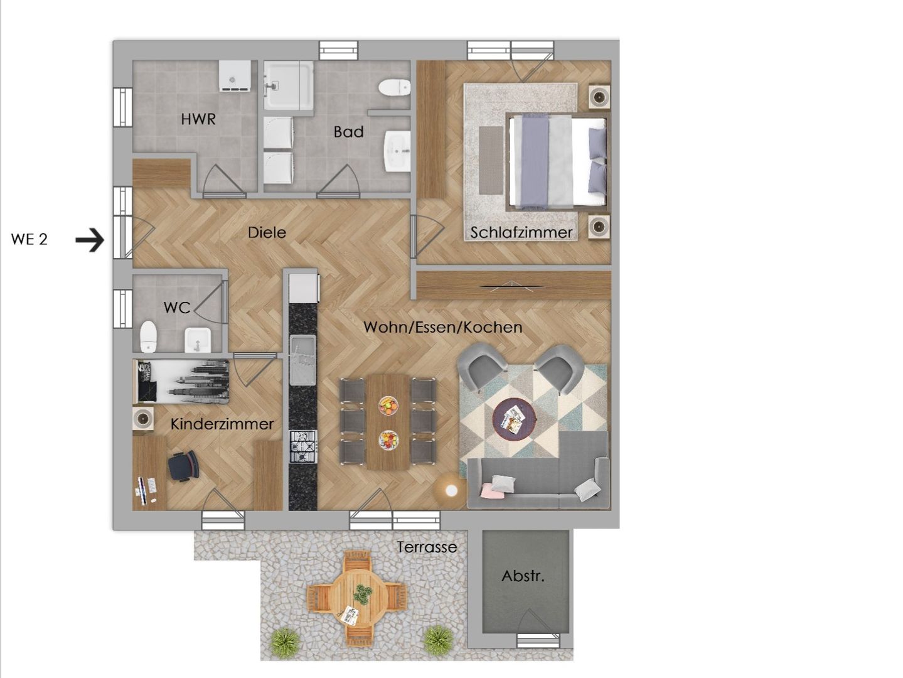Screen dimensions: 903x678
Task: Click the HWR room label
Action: click(198, 119)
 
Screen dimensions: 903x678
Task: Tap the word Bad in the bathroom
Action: click(348, 132)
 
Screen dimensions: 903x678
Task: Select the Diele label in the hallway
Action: click(267, 233)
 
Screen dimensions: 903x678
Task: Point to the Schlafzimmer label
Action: click(521, 233)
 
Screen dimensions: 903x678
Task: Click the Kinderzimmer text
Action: click(222, 424)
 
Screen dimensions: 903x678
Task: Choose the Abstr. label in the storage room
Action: click(523, 576)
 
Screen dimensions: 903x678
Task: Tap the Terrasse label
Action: click(427, 547)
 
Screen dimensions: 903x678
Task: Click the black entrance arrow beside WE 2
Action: click(90, 240)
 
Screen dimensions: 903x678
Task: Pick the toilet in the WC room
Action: click(149, 336)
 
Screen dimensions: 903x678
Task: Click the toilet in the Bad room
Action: click(395, 88)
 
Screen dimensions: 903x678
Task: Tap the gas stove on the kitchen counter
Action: click(303, 446)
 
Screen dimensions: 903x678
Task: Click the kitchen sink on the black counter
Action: click(303, 360)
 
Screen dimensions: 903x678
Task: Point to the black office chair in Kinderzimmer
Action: click(183, 465)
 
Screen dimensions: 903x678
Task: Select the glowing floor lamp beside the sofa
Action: click(451, 490)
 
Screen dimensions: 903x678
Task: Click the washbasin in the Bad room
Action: click(397, 151)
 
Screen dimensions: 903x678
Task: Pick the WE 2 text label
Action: click(29, 239)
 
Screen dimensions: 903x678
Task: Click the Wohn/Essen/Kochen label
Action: click(442, 328)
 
